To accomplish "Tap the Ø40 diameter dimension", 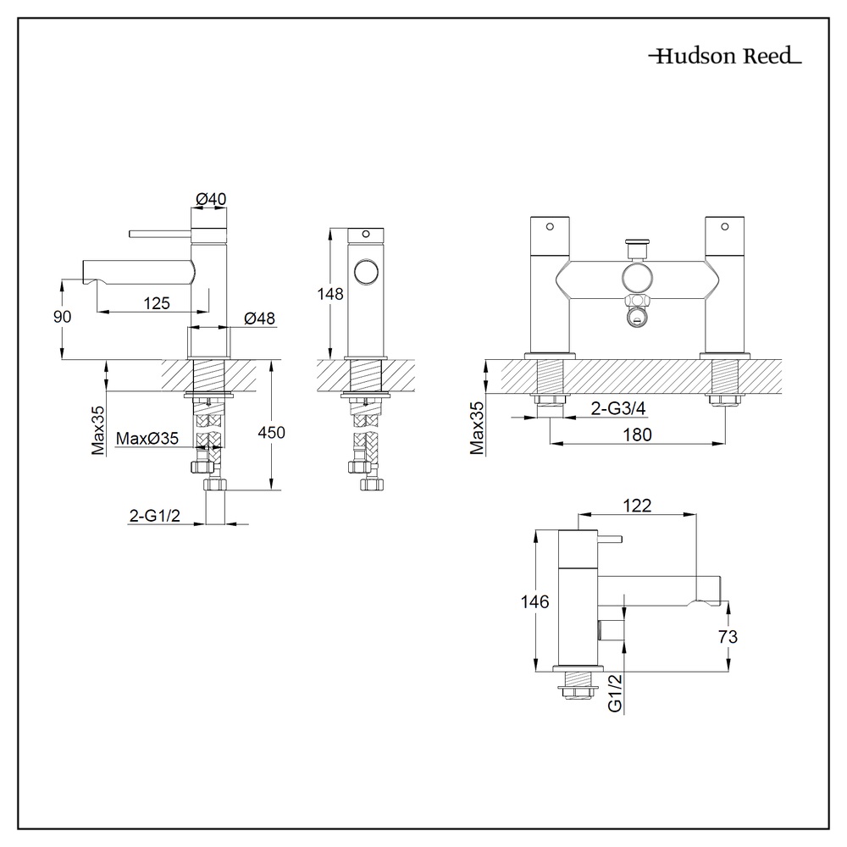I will [x=211, y=198].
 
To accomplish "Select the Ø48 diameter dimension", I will [x=258, y=318].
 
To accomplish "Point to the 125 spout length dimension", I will [x=157, y=302].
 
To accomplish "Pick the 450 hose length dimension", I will [x=272, y=432].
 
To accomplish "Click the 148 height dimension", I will [x=330, y=294].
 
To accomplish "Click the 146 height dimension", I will [x=535, y=602].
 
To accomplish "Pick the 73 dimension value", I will [x=727, y=637].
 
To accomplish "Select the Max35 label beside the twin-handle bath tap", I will [x=477, y=428].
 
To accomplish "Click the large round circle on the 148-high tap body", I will [x=367, y=273].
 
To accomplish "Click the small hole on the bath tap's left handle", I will [x=549, y=226].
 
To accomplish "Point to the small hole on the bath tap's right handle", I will [x=723, y=226].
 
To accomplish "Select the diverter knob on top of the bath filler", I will [x=636, y=246].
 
